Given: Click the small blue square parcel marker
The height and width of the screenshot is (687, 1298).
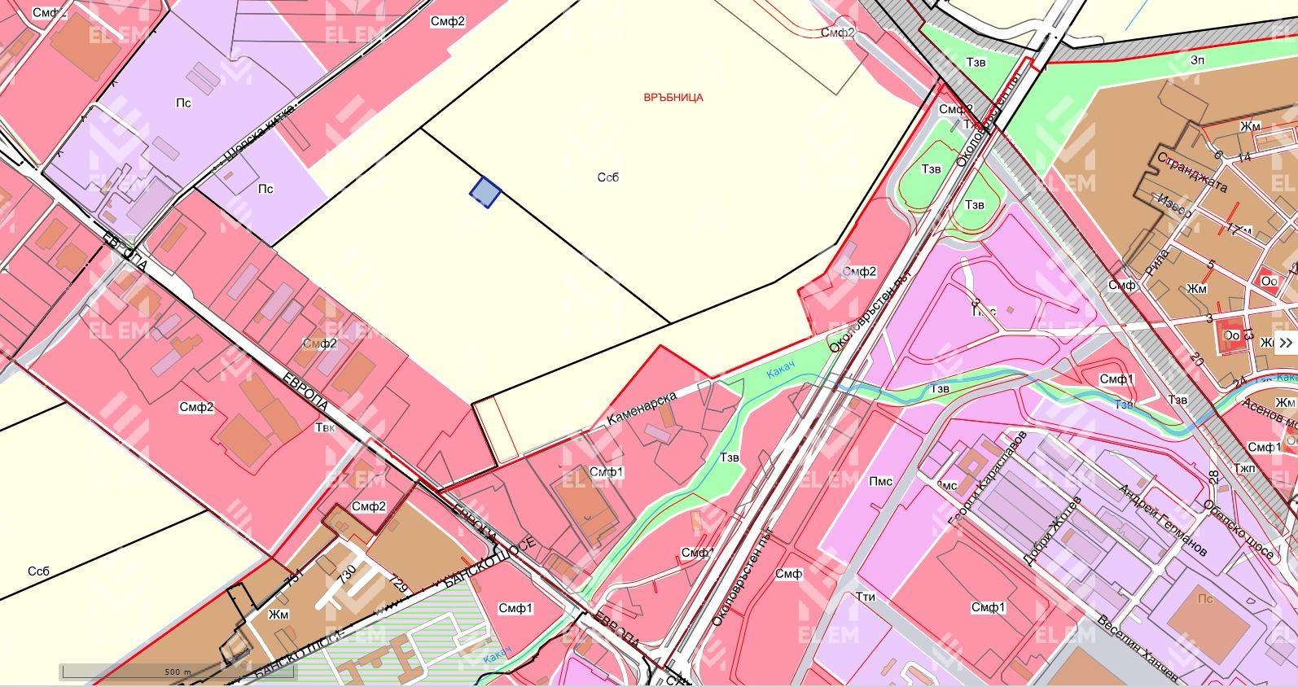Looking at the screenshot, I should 485,192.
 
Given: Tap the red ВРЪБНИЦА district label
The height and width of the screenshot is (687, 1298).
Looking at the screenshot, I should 673,97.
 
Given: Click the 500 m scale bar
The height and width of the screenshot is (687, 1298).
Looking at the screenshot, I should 177,672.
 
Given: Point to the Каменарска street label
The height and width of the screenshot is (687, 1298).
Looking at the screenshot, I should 642,408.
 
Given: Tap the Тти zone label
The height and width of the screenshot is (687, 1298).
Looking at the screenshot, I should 865,597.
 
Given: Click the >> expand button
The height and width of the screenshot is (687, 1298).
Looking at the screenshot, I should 1286,342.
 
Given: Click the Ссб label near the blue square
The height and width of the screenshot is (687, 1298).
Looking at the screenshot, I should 607,177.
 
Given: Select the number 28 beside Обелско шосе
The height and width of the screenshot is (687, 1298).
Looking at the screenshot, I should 1213,478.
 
